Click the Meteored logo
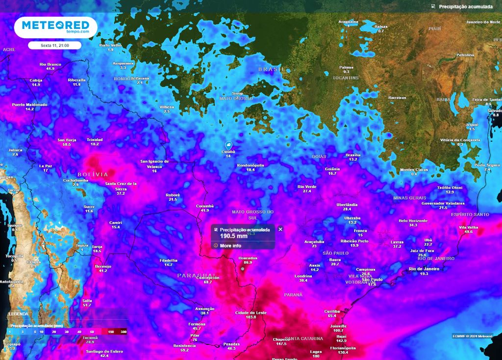(x=52, y=26)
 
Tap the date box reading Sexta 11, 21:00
(x=54, y=45)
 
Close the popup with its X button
(x=280, y=229)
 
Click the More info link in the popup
(x=230, y=245)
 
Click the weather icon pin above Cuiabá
(x=228, y=145)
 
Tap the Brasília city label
(x=353, y=155)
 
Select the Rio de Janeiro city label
(x=424, y=269)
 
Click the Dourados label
(x=248, y=258)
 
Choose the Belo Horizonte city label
(x=413, y=220)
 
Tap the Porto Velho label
(x=110, y=46)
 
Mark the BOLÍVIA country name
(x=92, y=174)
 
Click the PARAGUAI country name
(x=196, y=275)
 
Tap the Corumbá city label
(x=204, y=206)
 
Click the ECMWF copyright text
(x=473, y=336)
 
